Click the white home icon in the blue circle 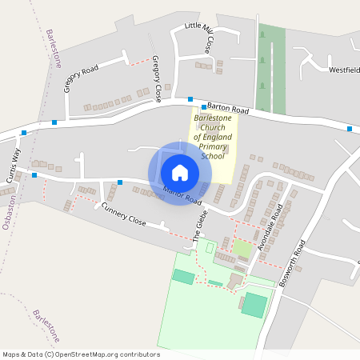point(180,172)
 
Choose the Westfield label point(345,70)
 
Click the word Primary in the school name point(213,146)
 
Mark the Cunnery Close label point(124,214)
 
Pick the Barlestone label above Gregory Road point(53,50)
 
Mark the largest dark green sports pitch point(254,304)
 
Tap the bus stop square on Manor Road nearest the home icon point(120,182)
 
